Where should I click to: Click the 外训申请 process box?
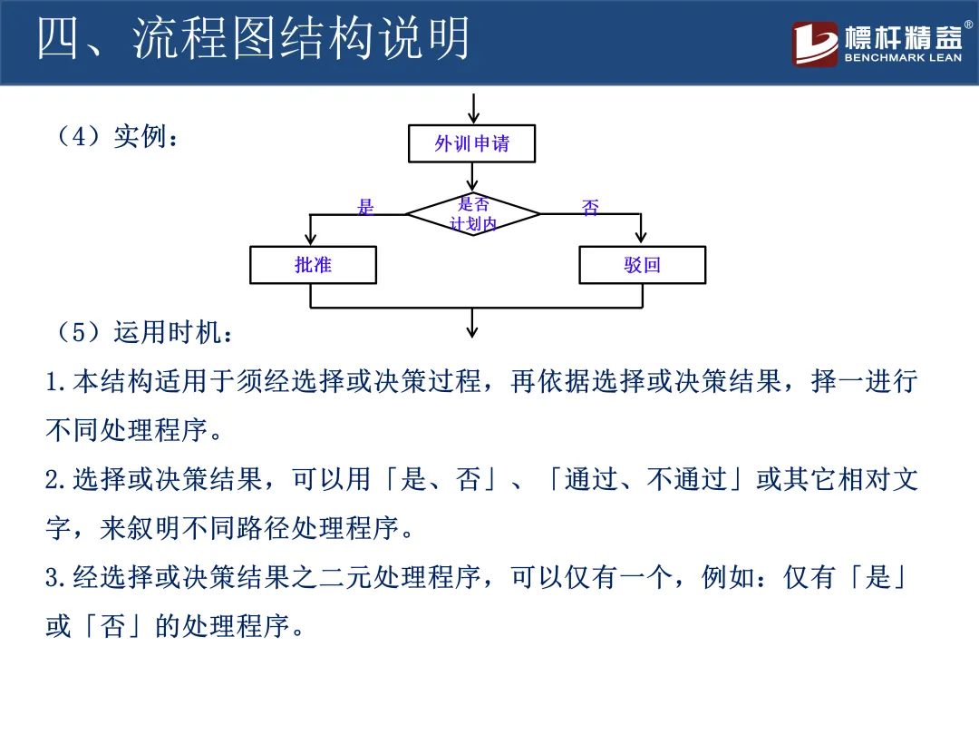(x=471, y=143)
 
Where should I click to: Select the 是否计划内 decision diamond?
(x=472, y=214)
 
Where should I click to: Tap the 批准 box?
(x=313, y=265)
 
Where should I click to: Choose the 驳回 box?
(x=642, y=265)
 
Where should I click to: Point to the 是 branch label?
(x=365, y=207)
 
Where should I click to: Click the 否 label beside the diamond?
(x=590, y=208)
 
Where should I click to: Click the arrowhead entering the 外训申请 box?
(x=472, y=118)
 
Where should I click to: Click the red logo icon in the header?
(x=815, y=44)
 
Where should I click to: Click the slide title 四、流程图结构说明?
(x=254, y=40)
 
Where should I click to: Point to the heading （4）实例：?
(x=118, y=137)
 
